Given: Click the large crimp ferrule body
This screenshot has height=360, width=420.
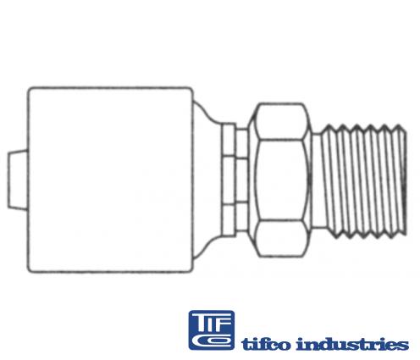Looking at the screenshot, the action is (x=110, y=180).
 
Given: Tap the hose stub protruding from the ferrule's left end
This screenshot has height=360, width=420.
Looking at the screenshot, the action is (x=18, y=180).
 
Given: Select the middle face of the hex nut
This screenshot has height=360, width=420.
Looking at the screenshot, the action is (x=281, y=180).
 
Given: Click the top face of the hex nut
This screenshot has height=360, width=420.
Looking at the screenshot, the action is (x=281, y=121).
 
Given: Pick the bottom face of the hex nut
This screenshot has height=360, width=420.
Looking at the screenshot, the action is (x=281, y=239).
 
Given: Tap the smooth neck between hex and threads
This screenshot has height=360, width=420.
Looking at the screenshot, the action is (x=317, y=180).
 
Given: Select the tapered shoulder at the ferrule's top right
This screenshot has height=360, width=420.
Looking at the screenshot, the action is (x=206, y=112).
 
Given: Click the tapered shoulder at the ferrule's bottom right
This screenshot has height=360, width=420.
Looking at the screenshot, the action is (x=206, y=246).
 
